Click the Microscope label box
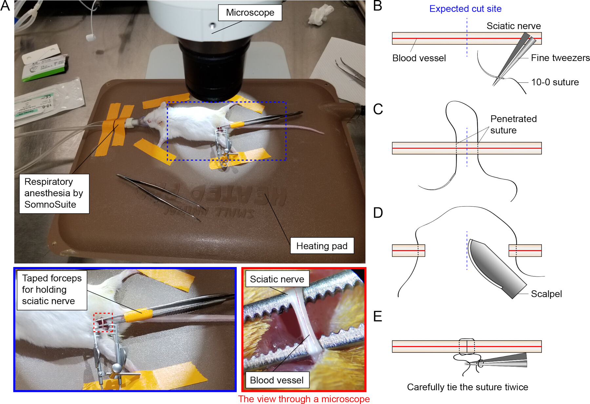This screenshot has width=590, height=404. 250,13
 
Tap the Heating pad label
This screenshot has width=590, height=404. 322,246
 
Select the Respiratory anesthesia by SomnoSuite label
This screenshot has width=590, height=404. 54,193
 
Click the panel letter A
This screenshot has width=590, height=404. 5,6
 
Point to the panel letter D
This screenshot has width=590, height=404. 378,213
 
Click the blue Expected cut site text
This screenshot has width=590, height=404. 465,9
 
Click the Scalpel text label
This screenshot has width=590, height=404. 546,294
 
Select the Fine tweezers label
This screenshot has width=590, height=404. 560,58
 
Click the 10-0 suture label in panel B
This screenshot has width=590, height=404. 555,82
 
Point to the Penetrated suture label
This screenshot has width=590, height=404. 513,125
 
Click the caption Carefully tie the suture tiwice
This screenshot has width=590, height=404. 467,387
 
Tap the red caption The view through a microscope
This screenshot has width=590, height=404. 304,399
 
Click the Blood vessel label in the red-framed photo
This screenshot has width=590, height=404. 277,380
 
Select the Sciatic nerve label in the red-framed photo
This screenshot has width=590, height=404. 277,279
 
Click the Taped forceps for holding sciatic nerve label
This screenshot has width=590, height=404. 52,290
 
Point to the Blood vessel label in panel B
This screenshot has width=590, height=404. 419,58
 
